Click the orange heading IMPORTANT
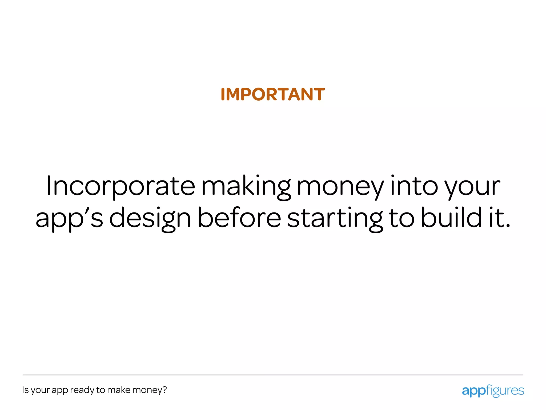click(x=273, y=94)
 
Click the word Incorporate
click(x=121, y=186)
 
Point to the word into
click(x=414, y=186)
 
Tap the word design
click(x=150, y=218)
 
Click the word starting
click(x=335, y=218)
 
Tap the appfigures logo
click(x=493, y=391)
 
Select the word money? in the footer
click(x=150, y=390)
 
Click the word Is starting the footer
click(x=25, y=390)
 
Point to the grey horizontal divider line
click(x=273, y=375)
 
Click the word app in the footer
click(x=60, y=391)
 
